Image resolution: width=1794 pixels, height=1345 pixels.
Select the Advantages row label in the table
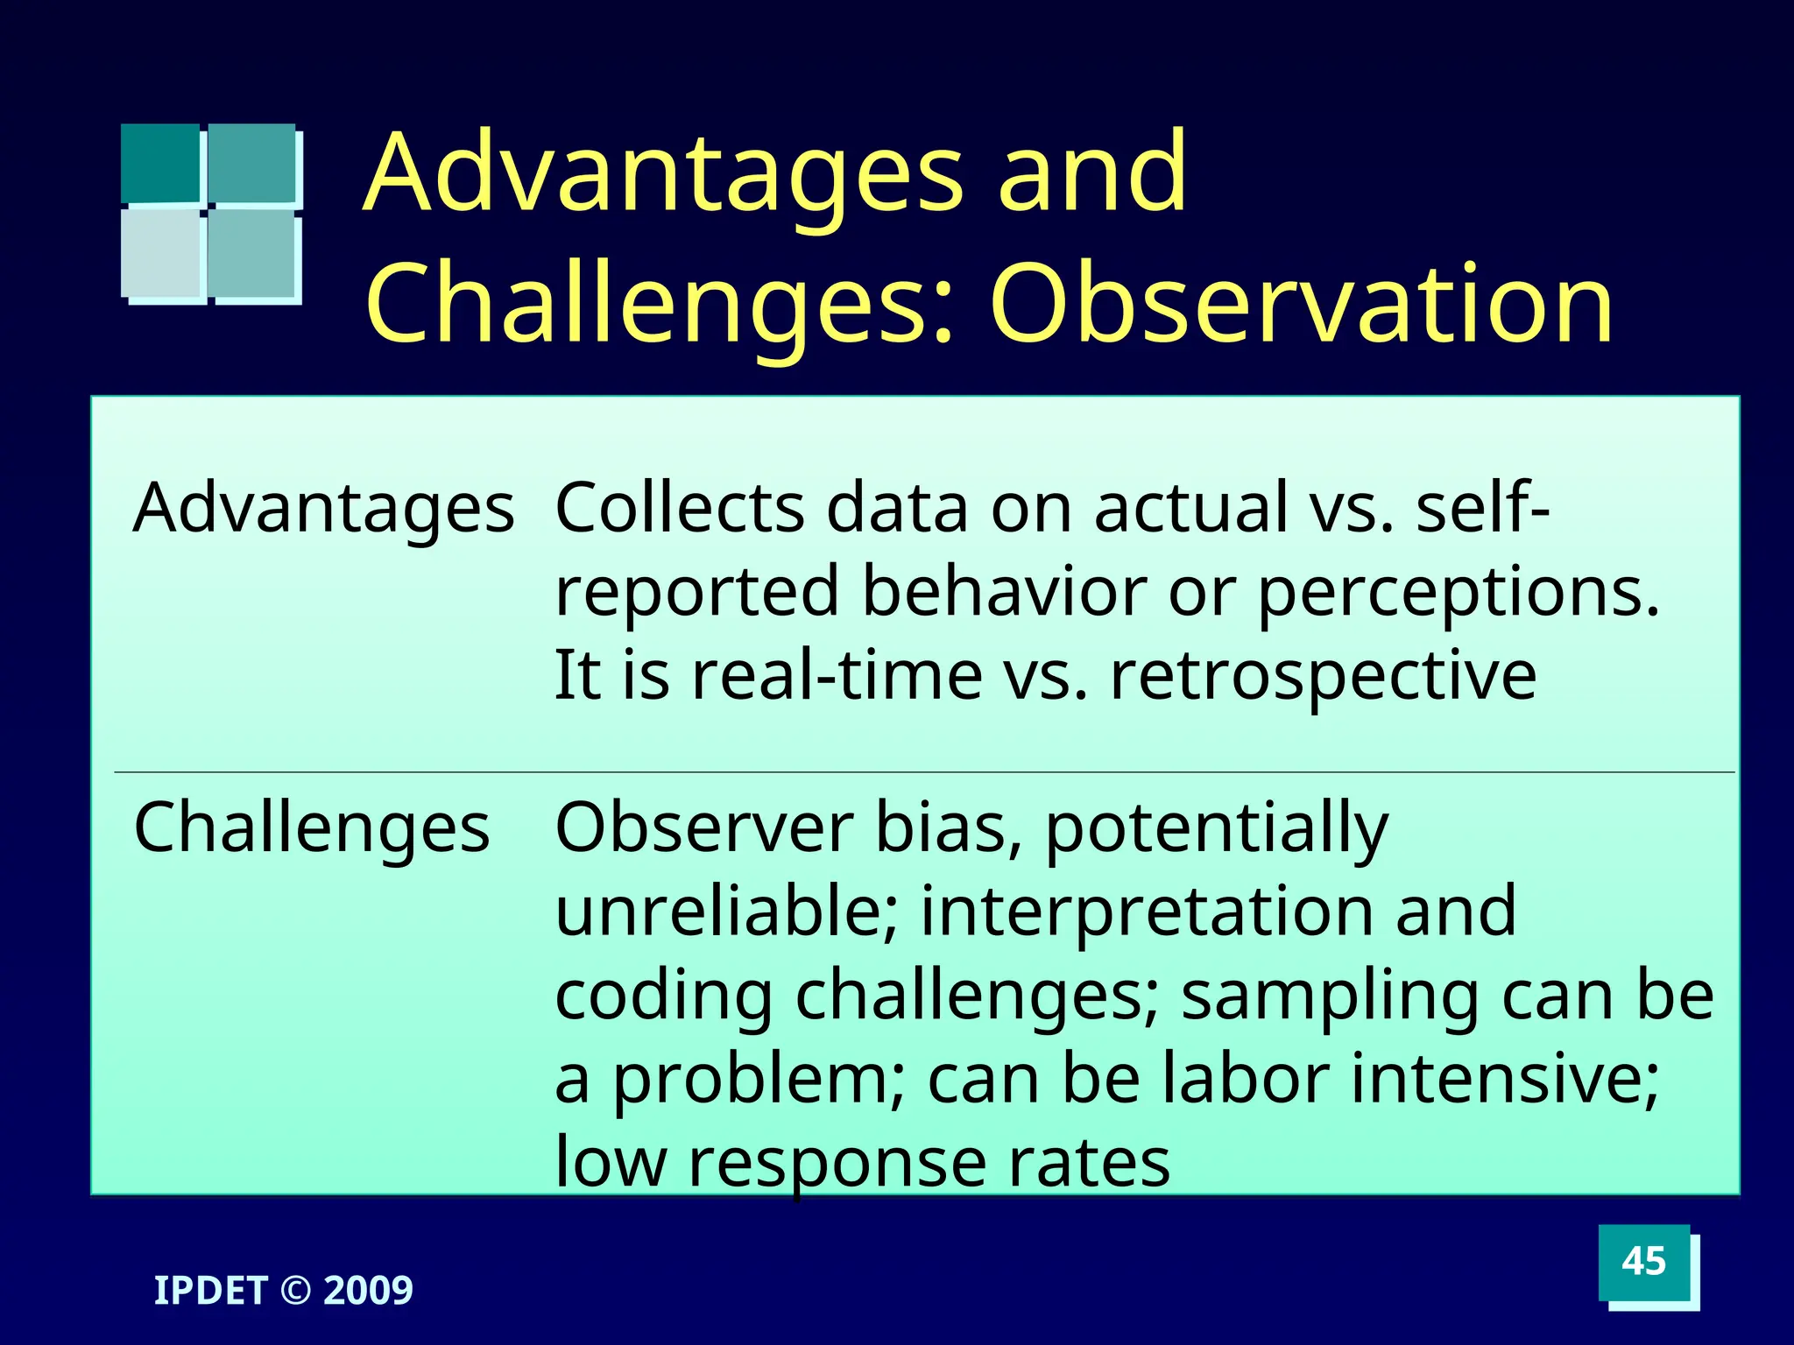point(323,509)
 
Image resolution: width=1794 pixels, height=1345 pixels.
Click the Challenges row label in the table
point(311,828)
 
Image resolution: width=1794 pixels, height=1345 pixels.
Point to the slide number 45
point(1643,1262)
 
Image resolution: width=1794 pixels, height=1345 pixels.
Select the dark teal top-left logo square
point(160,163)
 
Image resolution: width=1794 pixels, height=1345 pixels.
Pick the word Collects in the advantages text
point(680,509)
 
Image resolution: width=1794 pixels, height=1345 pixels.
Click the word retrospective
point(1323,676)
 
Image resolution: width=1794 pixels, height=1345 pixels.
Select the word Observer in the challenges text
point(703,828)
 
